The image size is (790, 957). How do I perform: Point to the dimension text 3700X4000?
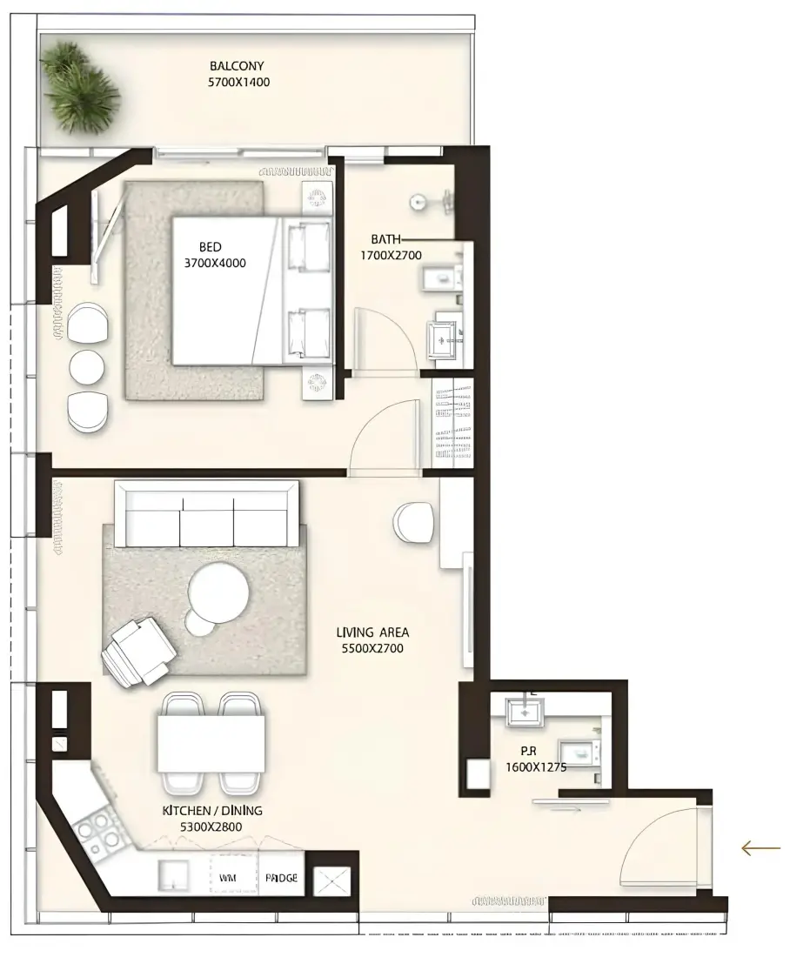point(215,264)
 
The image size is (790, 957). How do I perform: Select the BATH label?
point(385,239)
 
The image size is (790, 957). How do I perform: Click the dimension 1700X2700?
point(391,256)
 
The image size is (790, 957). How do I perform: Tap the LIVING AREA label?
point(372,632)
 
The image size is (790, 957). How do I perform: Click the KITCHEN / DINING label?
point(211,811)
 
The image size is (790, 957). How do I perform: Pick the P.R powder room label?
point(529,752)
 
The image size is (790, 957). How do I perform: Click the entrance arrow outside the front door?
point(760,847)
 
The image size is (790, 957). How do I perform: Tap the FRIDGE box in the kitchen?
point(281,878)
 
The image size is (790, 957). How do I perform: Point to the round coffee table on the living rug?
point(218,592)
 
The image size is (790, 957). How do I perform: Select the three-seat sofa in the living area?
point(207,514)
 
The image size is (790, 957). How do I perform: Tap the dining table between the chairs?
point(211,743)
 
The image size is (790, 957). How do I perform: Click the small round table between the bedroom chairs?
point(87,367)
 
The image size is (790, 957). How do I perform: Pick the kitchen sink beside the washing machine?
point(173,876)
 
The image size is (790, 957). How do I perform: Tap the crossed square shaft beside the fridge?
point(332,881)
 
